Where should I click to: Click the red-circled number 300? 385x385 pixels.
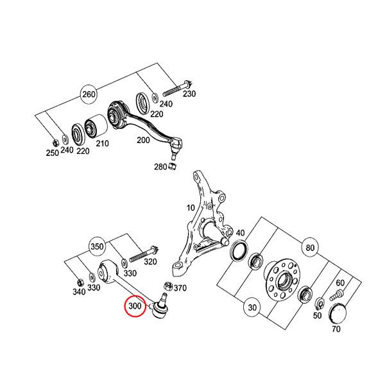point(135,307)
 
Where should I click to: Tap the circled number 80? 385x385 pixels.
point(311,247)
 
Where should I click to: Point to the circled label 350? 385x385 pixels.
point(97,246)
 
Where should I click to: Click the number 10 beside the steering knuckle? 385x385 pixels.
point(190,207)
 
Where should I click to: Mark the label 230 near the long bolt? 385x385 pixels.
point(189,94)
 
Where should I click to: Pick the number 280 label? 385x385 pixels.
point(160,167)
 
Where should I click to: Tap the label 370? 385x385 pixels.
point(180,288)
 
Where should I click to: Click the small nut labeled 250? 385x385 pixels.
point(56,142)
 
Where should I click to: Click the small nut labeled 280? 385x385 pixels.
point(172,168)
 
